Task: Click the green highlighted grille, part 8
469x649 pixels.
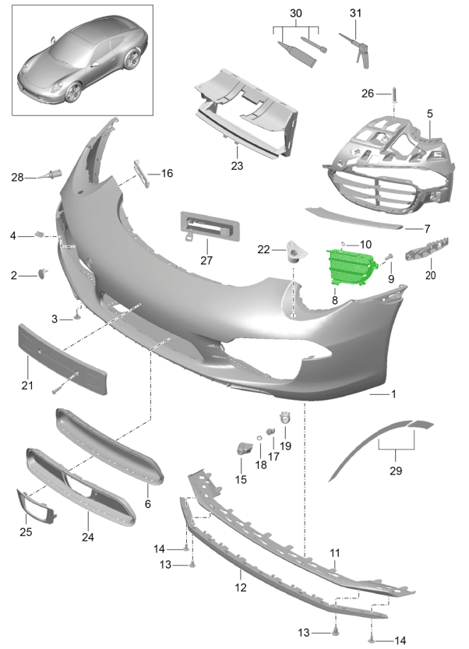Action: click(351, 267)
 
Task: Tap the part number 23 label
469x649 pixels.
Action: click(237, 166)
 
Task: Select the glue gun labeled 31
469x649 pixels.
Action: click(355, 51)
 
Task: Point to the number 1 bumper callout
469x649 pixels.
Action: click(393, 394)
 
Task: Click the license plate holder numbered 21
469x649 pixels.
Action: click(62, 359)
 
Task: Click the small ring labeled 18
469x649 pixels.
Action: click(259, 439)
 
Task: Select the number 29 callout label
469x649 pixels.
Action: click(396, 471)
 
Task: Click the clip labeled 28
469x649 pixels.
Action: click(50, 175)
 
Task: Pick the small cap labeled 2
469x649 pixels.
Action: click(43, 273)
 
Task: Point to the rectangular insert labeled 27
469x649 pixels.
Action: click(210, 227)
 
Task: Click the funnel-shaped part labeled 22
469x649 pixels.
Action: click(296, 252)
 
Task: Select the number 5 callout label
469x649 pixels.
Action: click(430, 114)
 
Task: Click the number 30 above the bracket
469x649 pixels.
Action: click(295, 14)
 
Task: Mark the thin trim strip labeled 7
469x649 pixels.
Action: click(354, 218)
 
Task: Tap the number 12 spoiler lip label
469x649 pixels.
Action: click(241, 587)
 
